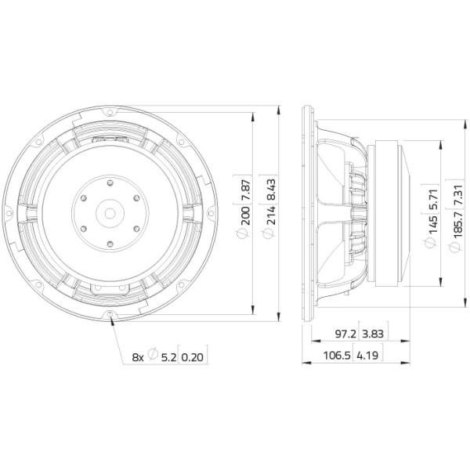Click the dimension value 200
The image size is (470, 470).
(245, 215)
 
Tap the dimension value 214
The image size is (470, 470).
(271, 215)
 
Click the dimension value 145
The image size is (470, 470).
(432, 224)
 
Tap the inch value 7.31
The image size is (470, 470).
(457, 196)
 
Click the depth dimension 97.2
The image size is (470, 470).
(345, 334)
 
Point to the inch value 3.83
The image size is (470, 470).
(373, 334)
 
